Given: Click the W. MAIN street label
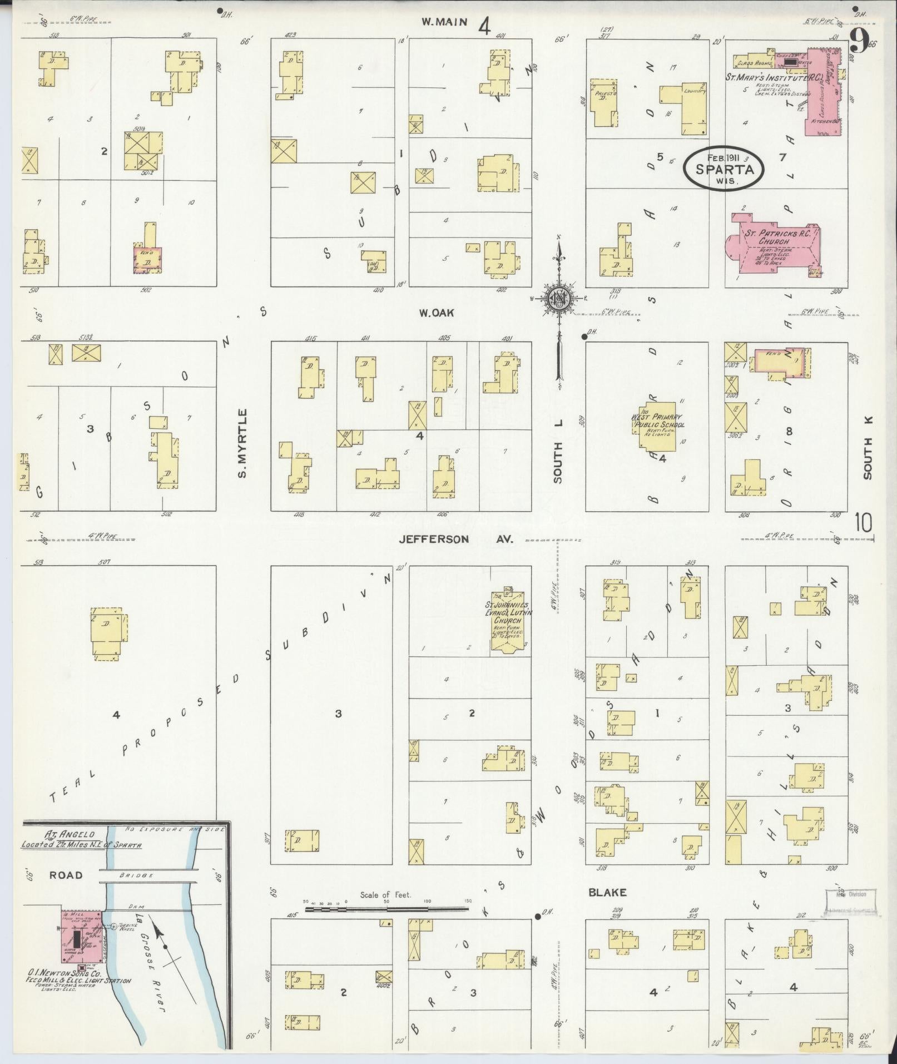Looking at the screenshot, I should (x=443, y=22).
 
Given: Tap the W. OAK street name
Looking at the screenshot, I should (x=437, y=313).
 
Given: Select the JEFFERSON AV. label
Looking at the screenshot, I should (x=455, y=539).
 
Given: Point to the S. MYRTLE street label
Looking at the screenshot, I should (x=242, y=443).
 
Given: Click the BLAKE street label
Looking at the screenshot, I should (x=607, y=892).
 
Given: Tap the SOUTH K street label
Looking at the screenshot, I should (x=868, y=449).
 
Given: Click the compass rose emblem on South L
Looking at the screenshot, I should (x=559, y=299).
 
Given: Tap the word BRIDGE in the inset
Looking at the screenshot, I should (x=136, y=875).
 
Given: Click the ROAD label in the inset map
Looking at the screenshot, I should (x=66, y=875).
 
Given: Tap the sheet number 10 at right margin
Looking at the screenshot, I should (x=863, y=523).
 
